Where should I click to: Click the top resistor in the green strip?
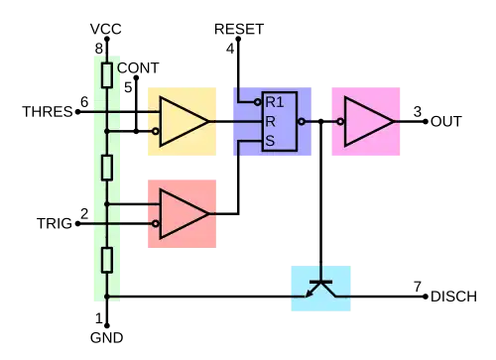click(106, 75)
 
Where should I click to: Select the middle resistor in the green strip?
click(106, 168)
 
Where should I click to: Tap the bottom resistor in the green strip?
click(106, 260)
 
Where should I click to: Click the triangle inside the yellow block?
click(182, 121)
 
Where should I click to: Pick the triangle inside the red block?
click(182, 213)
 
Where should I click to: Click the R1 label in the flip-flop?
click(275, 101)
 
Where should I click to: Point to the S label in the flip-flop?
click(270, 141)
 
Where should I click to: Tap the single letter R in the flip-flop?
click(270, 121)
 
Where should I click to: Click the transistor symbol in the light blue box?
click(320, 288)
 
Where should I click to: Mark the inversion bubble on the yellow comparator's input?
click(156, 131)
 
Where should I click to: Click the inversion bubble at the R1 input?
click(258, 101)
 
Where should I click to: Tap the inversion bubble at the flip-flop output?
click(302, 122)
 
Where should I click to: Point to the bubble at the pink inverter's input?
click(341, 122)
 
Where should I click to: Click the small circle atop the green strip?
click(122, 67)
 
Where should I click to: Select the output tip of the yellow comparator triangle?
click(209, 121)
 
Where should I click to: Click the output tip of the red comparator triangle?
click(209, 213)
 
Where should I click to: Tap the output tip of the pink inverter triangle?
click(394, 121)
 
